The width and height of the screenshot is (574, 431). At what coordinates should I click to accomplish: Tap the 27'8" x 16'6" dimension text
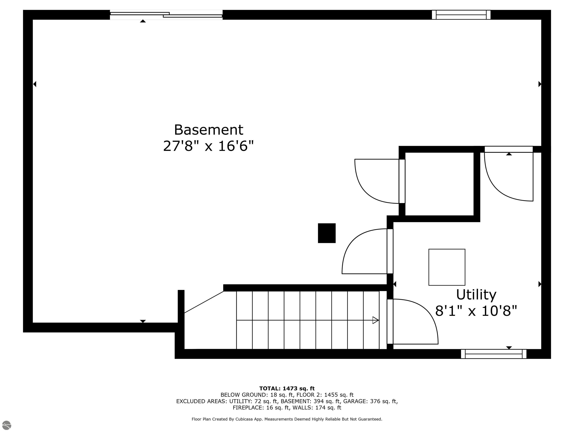tap(208, 146)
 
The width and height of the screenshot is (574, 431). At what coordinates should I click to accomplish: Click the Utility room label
tap(476, 295)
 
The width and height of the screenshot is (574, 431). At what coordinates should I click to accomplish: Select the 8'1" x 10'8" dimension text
tap(476, 311)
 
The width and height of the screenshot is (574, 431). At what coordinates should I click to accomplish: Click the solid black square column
tap(327, 233)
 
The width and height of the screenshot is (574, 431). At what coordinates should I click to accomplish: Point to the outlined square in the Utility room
tap(447, 267)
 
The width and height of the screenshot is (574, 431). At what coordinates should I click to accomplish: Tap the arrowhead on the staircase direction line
tap(375, 320)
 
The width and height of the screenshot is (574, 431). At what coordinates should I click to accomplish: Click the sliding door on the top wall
tap(166, 15)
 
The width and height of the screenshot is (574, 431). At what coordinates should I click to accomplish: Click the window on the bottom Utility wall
tap(493, 354)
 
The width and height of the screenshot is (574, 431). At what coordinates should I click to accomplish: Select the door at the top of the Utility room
tap(509, 177)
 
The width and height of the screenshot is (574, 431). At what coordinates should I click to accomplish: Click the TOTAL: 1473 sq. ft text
tap(287, 388)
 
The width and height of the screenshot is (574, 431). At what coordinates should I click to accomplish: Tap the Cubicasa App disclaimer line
tap(287, 419)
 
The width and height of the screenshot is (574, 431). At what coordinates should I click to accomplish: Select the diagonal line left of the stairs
tap(204, 302)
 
